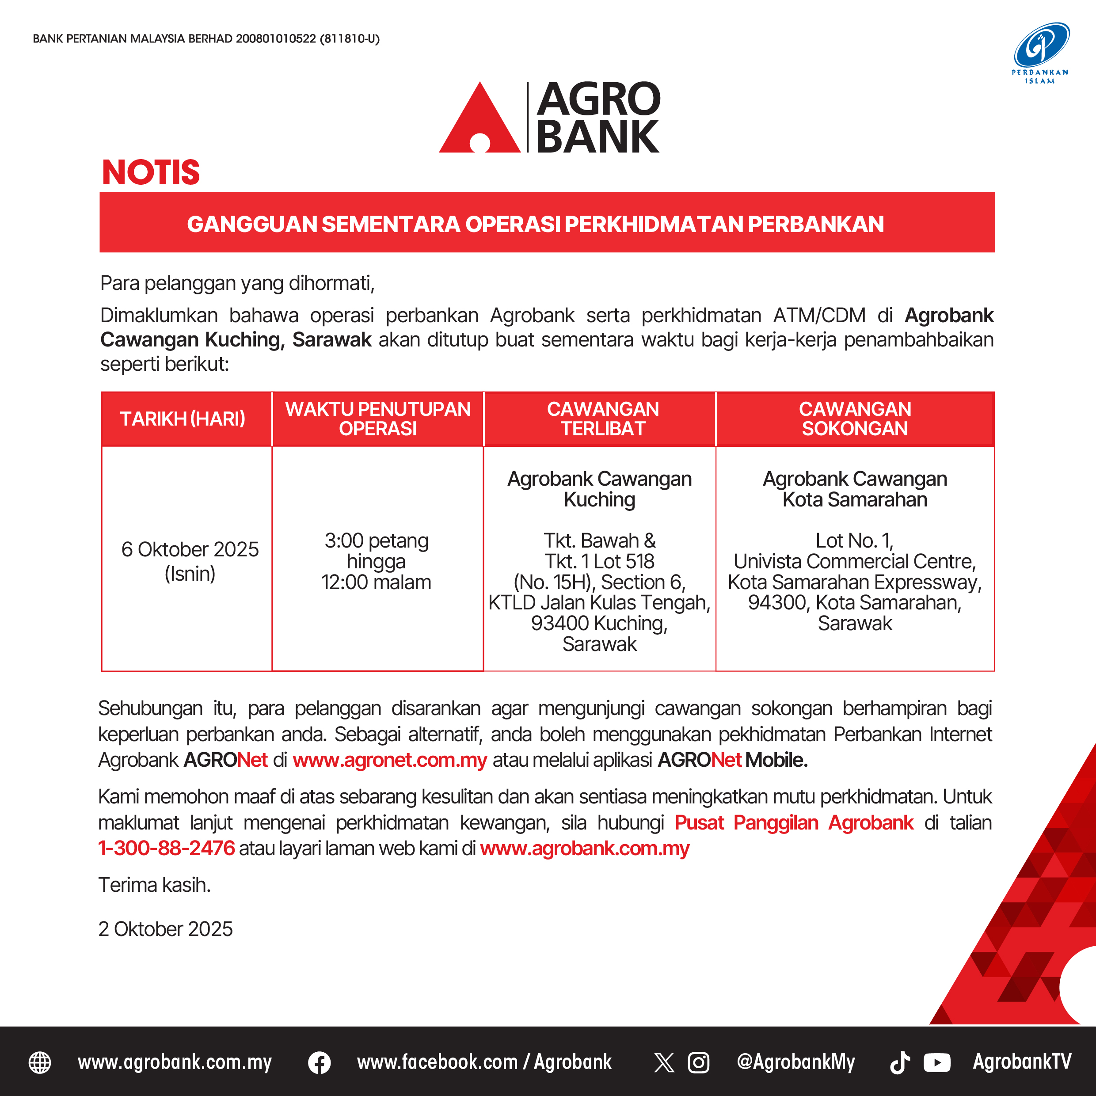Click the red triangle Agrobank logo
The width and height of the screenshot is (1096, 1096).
coord(479,122)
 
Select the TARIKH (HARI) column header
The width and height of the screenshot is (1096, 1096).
coord(183,419)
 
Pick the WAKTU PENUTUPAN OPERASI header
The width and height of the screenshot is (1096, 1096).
coord(378,419)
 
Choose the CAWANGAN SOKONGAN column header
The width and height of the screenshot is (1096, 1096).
coord(855,419)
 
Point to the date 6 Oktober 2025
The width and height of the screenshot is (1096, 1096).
coord(190,549)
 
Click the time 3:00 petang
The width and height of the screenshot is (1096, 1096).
coord(376,540)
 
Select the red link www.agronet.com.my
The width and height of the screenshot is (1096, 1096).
coord(390,760)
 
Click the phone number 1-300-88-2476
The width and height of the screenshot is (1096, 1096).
coord(166,848)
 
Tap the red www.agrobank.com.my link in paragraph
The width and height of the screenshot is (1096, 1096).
coord(584,848)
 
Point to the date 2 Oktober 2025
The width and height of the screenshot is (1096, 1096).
coord(166,929)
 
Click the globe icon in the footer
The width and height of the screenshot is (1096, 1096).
coord(40,1062)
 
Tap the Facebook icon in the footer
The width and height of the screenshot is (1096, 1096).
coord(320,1062)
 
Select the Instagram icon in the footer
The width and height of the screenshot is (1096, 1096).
coord(698,1062)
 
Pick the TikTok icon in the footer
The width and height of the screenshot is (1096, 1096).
coord(900,1062)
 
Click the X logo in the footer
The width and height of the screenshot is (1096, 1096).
coord(664,1062)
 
